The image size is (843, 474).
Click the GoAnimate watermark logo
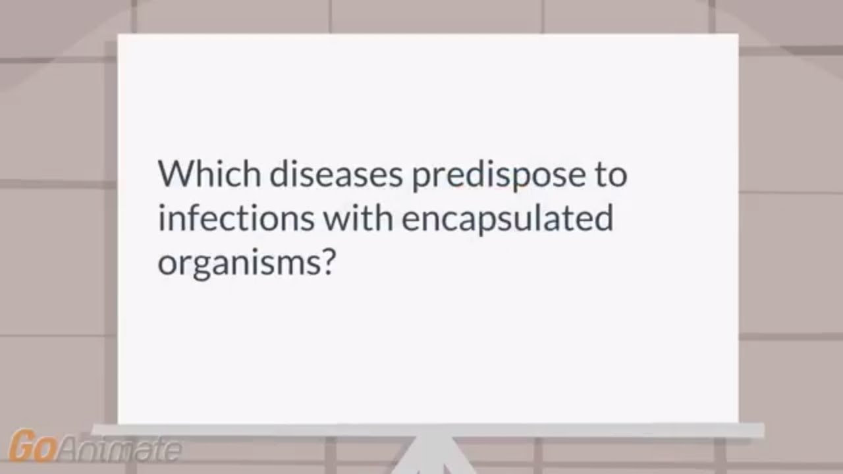pyautogui.click(x=95, y=447)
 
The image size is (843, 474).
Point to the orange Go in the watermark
pyautogui.click(x=32, y=447)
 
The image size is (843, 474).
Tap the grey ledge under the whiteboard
pyautogui.click(x=428, y=431)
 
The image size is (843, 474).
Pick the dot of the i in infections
pyautogui.click(x=161, y=207)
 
